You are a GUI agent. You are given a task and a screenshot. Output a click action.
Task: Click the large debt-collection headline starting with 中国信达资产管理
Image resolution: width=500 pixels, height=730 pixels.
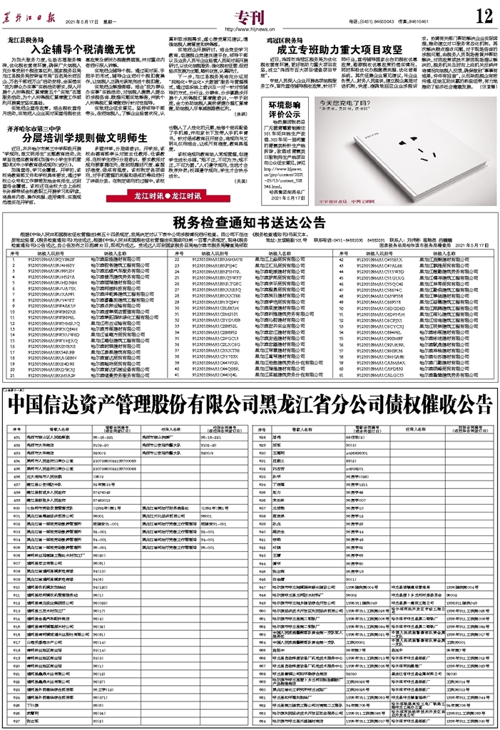pos(249,406)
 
